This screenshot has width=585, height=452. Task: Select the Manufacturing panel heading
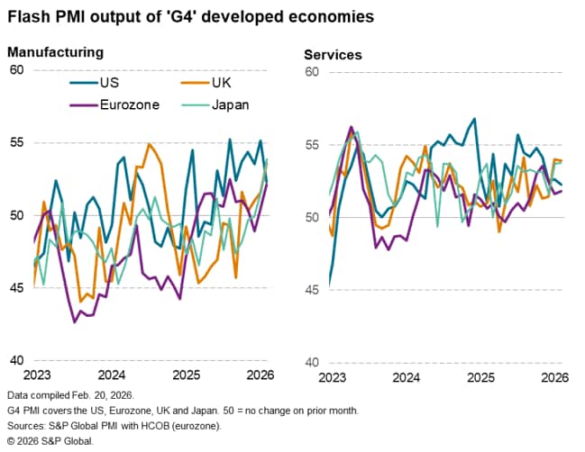point(56,53)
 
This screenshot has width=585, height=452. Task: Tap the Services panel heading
point(333,55)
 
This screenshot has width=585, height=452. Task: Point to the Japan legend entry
point(229,104)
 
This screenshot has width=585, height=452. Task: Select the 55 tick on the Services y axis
point(313,144)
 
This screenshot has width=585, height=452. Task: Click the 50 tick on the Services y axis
point(313,217)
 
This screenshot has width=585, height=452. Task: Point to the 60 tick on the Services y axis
point(313,71)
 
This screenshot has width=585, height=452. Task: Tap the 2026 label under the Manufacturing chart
point(259,375)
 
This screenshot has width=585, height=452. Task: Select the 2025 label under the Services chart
point(480,376)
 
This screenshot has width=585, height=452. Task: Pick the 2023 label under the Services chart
point(332,376)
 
